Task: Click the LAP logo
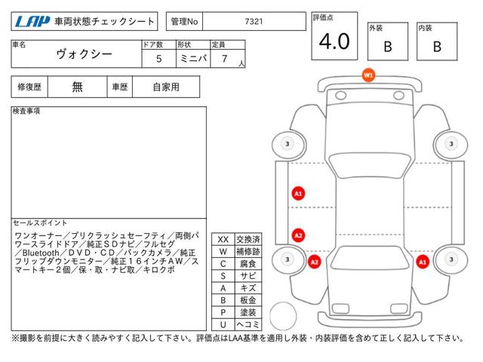[x=32, y=22]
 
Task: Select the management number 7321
[x=254, y=22]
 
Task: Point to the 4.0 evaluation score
[x=334, y=41]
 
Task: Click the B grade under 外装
[x=388, y=47]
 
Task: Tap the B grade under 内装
[x=437, y=47]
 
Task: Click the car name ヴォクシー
[x=84, y=54]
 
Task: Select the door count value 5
[x=158, y=59]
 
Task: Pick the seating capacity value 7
[x=225, y=59]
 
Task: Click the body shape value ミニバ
[x=193, y=58]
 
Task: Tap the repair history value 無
[x=77, y=87]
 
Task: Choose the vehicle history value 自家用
[x=166, y=87]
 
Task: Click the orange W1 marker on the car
[x=368, y=75]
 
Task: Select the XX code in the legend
[x=223, y=240]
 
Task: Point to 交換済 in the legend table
[x=248, y=240]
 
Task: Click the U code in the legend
[x=223, y=324]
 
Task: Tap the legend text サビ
[x=248, y=276]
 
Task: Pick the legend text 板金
[x=248, y=300]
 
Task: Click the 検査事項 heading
[x=26, y=111]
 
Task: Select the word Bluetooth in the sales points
[x=41, y=253]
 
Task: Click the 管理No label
[x=184, y=22]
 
